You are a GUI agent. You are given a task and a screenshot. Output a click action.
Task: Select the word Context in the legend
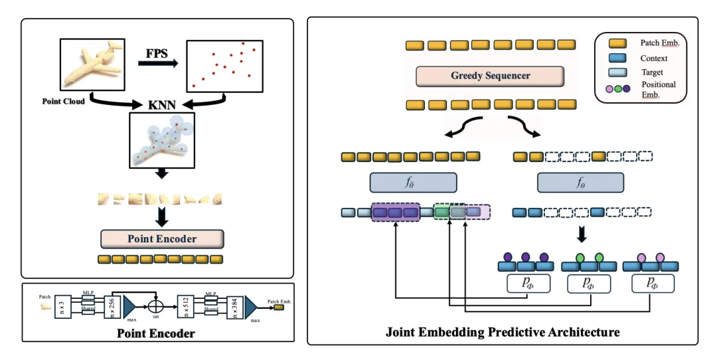654,58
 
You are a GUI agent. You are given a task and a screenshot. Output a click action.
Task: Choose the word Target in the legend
652,71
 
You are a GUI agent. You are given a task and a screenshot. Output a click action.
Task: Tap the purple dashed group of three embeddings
396,213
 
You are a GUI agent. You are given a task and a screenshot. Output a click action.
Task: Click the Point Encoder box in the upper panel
162,238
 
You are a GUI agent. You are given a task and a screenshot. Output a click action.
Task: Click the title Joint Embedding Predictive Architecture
503,331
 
